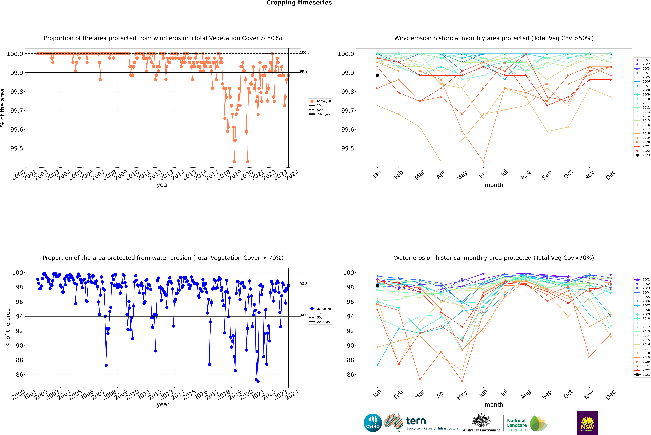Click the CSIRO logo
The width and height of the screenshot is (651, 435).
(x=373, y=423)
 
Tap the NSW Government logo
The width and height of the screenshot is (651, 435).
(x=587, y=423)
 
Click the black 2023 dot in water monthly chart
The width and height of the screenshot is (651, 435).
(x=377, y=285)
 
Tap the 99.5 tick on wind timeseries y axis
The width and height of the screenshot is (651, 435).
(x=17, y=148)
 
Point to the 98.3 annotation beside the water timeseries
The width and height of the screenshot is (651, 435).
(x=304, y=284)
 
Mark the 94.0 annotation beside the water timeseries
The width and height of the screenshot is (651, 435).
(x=304, y=315)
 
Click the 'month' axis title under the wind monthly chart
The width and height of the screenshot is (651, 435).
(x=494, y=185)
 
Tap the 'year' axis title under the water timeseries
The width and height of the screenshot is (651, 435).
(x=163, y=404)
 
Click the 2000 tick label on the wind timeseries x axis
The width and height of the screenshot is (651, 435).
(x=18, y=175)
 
